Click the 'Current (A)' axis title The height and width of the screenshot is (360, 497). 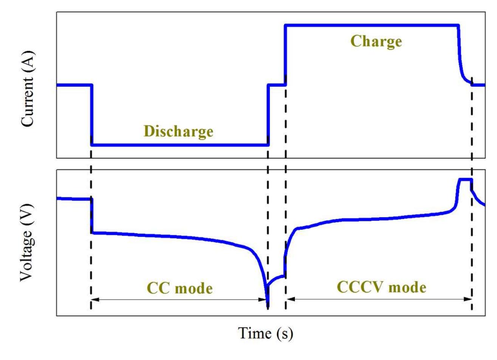(x=27, y=89)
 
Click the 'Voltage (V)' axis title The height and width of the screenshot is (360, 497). (x=27, y=243)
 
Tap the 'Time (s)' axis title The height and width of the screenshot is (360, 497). (x=265, y=334)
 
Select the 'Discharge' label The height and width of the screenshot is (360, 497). (x=179, y=132)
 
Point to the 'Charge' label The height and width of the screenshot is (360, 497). (x=376, y=42)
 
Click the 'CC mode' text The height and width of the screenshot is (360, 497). (x=180, y=288)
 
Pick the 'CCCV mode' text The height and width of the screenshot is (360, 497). (x=381, y=287)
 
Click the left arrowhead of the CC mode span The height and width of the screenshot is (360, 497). (x=95, y=300)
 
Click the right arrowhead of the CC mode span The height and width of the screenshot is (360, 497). (x=262, y=300)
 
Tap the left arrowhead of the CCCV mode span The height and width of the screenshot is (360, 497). (x=291, y=299)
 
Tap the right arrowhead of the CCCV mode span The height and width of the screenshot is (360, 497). (x=468, y=299)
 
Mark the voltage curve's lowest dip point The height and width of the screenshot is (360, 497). (x=268, y=307)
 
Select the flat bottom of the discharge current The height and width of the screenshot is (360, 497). (x=180, y=145)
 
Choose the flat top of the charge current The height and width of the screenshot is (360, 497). (x=372, y=25)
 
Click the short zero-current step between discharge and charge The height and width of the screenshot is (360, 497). (x=276, y=85)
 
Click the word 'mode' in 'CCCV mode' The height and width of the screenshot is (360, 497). (x=407, y=288)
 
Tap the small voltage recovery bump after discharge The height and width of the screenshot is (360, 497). (x=275, y=279)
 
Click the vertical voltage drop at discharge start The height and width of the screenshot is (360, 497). (x=92, y=216)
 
